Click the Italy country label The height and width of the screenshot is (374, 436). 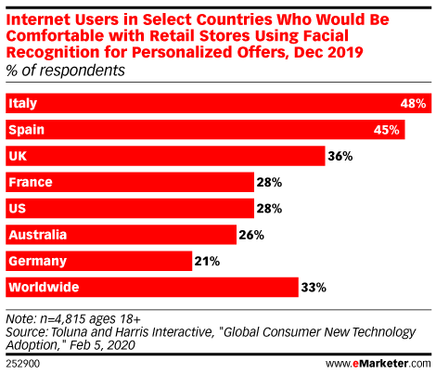tap(23, 104)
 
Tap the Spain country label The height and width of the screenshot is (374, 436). tap(27, 131)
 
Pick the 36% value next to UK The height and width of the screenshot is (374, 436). tap(340, 157)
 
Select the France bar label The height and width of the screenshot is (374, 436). tap(30, 183)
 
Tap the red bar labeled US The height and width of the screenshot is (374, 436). tap(130, 209)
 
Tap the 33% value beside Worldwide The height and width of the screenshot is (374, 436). tap(314, 288)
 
